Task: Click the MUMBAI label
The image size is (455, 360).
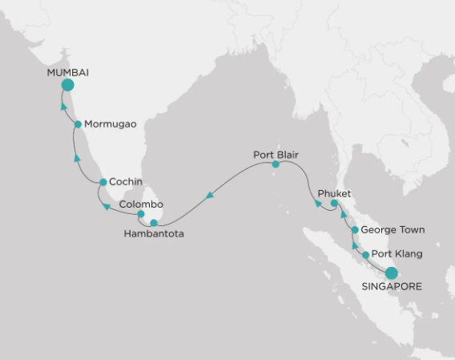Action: click(68, 72)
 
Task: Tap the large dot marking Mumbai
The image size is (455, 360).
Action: click(68, 86)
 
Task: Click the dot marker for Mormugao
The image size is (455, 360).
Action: click(78, 124)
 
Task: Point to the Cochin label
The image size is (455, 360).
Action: click(126, 181)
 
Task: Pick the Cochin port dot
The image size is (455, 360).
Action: click(103, 182)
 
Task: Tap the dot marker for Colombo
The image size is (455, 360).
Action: click(141, 214)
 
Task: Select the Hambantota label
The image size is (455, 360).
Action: click(153, 234)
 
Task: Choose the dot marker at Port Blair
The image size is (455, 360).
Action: click(276, 164)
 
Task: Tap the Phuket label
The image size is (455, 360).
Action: click(334, 193)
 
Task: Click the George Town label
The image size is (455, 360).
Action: click(393, 229)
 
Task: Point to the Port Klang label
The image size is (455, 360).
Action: click(397, 255)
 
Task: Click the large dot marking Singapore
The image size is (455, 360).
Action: click(391, 273)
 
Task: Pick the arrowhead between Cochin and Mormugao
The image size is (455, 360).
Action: click(77, 159)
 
